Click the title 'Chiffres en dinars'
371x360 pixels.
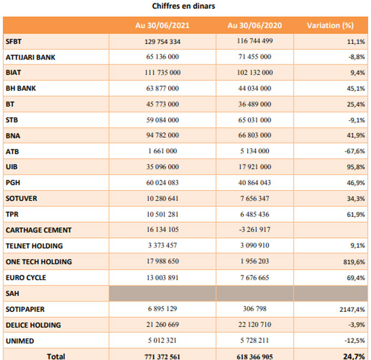[x=184, y=6]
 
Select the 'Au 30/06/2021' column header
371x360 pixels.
[x=163, y=25]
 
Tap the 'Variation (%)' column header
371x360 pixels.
[x=330, y=25]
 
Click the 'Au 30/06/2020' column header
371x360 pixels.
[x=255, y=25]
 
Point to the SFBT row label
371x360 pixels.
[x=14, y=42]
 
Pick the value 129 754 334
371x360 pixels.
[x=163, y=42]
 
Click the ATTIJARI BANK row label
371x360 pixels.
[x=31, y=57]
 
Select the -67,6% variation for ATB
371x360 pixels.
[x=355, y=151]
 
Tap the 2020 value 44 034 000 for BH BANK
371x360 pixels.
[x=255, y=88]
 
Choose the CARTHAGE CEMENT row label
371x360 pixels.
[x=39, y=230]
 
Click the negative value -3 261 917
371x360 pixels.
[x=255, y=229]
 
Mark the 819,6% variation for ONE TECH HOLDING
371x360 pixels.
[x=354, y=262]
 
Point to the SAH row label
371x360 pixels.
[x=13, y=293]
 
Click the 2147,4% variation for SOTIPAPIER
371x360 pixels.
[x=352, y=310]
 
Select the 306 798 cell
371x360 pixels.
[x=255, y=309]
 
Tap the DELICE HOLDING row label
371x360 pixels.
[x=33, y=325]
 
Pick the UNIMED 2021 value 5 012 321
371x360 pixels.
[x=163, y=340]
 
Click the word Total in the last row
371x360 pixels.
[x=56, y=356]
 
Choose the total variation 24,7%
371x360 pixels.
[x=354, y=356]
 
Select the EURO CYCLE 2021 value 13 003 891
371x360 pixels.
[x=163, y=278]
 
